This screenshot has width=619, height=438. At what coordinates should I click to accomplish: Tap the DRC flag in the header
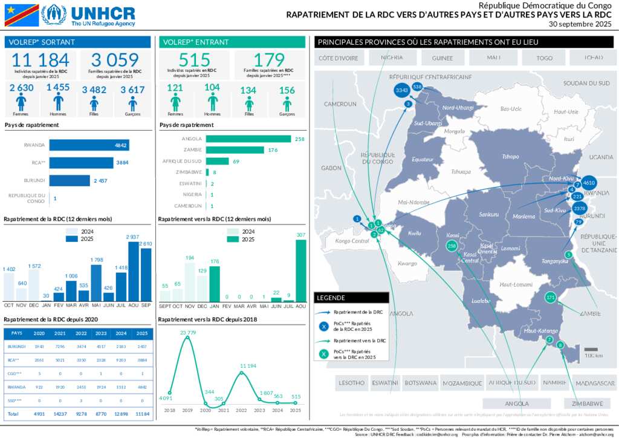coord(22,15)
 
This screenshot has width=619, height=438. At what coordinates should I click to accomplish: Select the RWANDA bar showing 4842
coord(89,145)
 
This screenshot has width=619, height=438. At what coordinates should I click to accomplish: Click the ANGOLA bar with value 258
coord(248,139)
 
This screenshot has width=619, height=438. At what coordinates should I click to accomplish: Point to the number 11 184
coord(41,60)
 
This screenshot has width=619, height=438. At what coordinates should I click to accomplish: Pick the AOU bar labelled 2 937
coord(133,271)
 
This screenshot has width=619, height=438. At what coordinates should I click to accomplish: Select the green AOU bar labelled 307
coord(300,270)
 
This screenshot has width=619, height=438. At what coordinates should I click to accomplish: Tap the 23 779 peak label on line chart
coord(187,332)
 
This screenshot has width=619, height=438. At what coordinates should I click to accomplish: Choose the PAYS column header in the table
coord(17,333)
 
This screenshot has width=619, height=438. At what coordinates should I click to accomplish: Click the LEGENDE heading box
coord(351,298)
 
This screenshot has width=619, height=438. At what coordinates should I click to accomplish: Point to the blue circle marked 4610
coord(589,182)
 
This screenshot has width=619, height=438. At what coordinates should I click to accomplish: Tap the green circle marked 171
coord(550,297)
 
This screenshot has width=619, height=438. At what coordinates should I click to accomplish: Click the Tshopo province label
coord(510,157)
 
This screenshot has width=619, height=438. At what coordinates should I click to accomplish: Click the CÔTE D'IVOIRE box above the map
coord(339,58)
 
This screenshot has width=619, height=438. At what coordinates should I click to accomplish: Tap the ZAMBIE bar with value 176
coord(235,150)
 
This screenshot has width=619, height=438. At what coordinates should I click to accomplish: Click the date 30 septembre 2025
coord(580,24)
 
